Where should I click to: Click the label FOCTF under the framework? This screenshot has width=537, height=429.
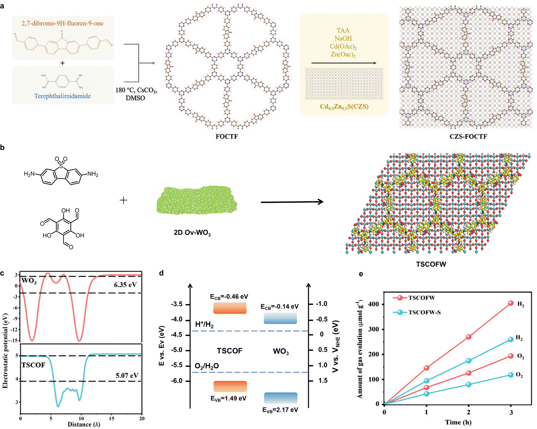[226, 136]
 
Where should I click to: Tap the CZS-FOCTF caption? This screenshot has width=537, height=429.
[468, 136]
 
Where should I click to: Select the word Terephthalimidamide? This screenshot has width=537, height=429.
[63, 96]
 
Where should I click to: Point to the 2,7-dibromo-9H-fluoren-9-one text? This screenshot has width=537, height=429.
[63, 23]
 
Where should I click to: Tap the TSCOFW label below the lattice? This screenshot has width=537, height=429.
[431, 264]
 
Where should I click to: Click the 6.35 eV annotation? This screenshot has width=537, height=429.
[125, 284]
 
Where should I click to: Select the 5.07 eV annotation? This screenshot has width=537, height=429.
[127, 376]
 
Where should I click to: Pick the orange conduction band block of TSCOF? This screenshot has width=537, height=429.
[230, 308]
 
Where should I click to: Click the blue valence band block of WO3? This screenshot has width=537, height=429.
[281, 398]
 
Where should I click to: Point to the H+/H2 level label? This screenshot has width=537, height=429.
[204, 324]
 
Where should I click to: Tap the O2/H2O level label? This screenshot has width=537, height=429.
[207, 366]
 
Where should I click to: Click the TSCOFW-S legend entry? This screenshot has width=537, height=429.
[424, 313]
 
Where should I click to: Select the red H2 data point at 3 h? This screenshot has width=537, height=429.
[511, 303]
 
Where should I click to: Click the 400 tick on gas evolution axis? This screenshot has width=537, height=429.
[373, 304]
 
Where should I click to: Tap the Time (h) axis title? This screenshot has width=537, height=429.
[458, 422]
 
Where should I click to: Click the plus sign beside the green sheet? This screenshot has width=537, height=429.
[123, 201]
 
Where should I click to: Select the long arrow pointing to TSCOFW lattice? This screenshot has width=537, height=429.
[292, 202]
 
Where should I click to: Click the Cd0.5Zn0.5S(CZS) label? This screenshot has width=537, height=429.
[344, 107]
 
